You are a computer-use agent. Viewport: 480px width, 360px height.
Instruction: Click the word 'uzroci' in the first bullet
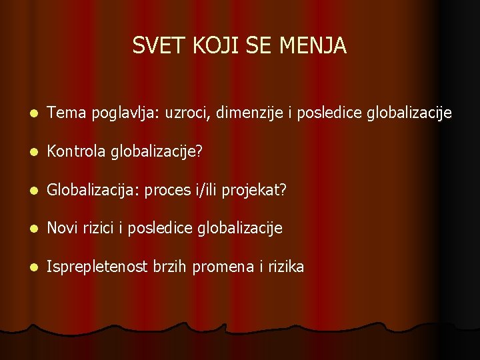pos(187,114)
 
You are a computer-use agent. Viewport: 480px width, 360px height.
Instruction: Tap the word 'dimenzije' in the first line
pos(249,114)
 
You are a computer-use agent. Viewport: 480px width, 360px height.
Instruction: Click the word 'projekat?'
pos(254,191)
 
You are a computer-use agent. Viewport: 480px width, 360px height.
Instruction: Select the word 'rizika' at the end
pos(285,267)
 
